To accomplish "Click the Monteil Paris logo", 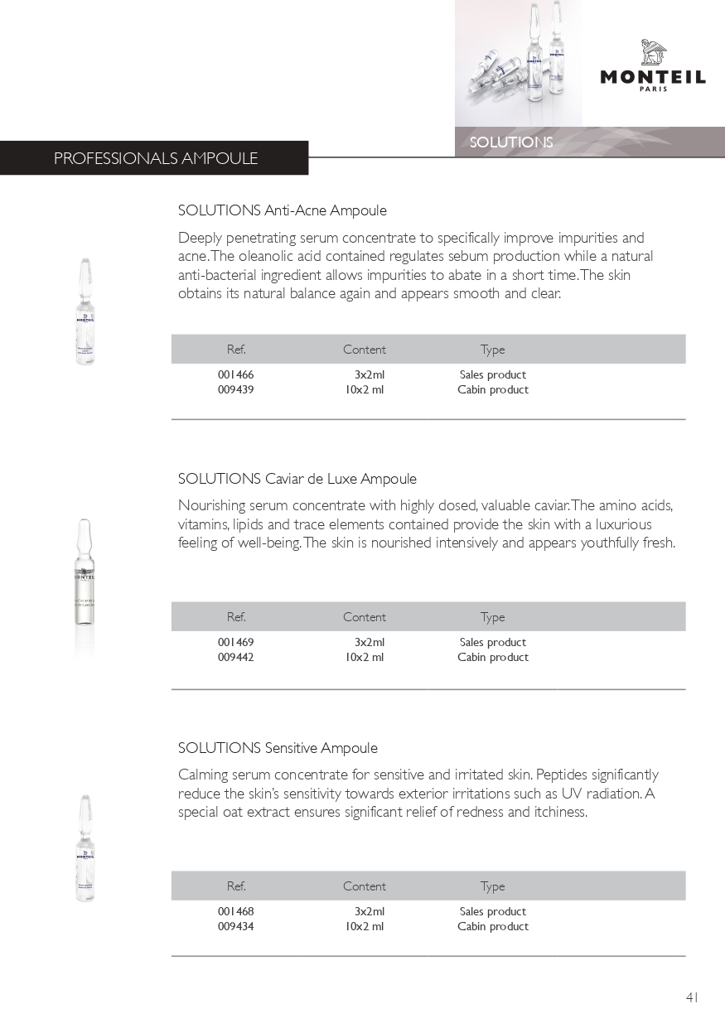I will coord(652,65).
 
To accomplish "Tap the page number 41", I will coord(693,997).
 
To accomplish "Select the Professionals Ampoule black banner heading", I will coord(156,158).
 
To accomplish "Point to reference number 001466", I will coord(236,374).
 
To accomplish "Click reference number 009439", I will coord(236,389).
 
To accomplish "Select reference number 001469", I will coord(236,642).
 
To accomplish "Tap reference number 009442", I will coord(236,657).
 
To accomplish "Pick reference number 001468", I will coord(236,911).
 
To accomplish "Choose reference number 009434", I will coord(236,926).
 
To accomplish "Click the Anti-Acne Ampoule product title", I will coord(283,210).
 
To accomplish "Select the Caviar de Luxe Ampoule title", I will coord(297,479).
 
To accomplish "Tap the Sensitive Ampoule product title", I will coord(278,748).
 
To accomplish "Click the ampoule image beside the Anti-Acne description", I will coord(85,312).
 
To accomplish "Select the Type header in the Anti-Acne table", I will coord(492,350).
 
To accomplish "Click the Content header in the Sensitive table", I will coord(365,886).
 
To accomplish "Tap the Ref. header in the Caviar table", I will coord(236,617).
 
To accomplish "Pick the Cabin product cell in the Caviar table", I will coord(493,657).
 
